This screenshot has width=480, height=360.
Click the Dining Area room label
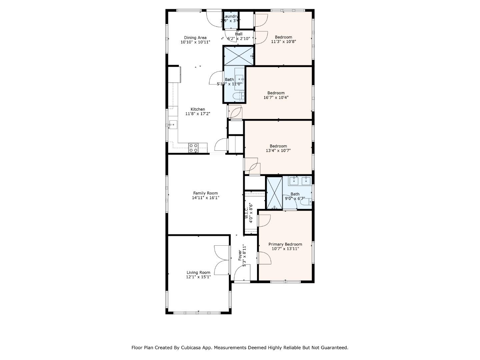click(195, 38)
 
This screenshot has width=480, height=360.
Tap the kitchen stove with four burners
click(193, 148)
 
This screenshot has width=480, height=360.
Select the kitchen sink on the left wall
click(173, 125)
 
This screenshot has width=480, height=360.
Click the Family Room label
click(205, 193)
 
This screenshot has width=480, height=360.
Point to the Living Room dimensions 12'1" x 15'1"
click(198, 277)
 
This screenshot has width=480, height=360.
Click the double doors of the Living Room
click(222, 260)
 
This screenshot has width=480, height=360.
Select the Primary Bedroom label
click(285, 244)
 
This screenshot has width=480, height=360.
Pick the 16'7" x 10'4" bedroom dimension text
click(276, 98)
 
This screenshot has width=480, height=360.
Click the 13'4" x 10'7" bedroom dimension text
click(278, 151)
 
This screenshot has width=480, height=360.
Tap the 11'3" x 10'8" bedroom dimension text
click(283, 42)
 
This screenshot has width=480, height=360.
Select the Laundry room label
click(231, 16)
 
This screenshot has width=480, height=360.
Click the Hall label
click(239, 34)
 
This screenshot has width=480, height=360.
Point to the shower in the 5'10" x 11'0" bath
click(238, 56)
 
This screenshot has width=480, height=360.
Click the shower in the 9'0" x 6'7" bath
click(274, 193)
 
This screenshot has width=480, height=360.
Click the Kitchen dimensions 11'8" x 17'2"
click(198, 114)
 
